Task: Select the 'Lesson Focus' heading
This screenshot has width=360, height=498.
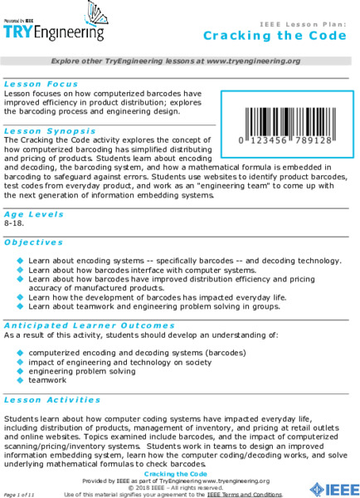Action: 41,84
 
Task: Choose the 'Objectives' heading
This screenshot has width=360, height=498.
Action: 34,242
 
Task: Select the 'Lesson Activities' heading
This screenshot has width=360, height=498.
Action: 51,398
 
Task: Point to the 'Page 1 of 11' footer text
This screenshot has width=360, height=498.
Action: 19,494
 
